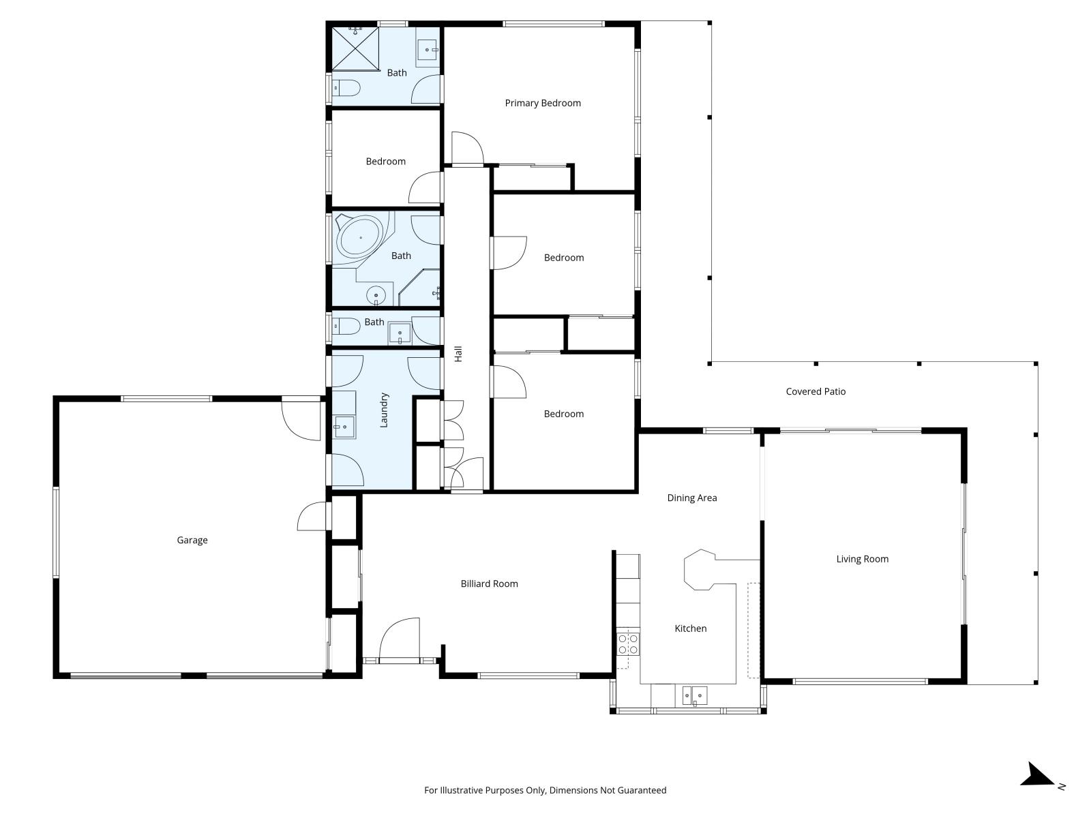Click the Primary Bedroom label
(543, 103)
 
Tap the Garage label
(192, 540)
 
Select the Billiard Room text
(489, 584)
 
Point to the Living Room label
(862, 559)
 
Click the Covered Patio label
(816, 391)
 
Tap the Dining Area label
(691, 498)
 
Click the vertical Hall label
(459, 354)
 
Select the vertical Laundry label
(384, 410)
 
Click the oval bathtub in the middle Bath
(360, 238)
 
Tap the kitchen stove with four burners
(628, 644)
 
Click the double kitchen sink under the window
(694, 695)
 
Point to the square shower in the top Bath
(355, 48)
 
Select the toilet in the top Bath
(346, 88)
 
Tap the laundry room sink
(344, 427)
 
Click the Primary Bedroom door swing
(468, 148)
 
